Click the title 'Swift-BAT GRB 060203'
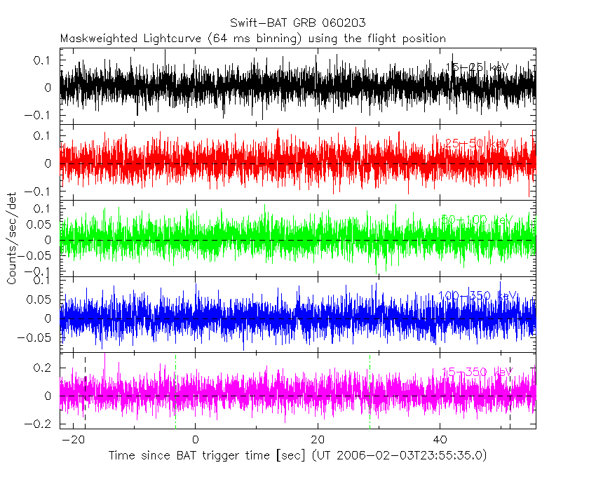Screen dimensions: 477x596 297,23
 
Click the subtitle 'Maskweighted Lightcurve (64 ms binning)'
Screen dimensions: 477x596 181,38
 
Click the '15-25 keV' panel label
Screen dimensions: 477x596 477,67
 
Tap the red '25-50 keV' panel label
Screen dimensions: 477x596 477,144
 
